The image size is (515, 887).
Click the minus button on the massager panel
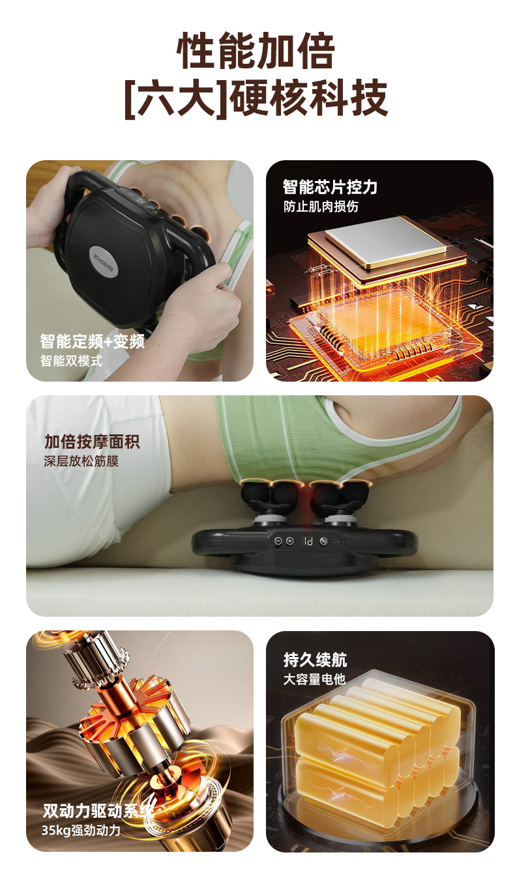pyautogui.click(x=278, y=541)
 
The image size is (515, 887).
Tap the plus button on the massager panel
pyautogui.click(x=290, y=541)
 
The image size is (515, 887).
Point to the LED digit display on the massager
pyautogui.click(x=308, y=541)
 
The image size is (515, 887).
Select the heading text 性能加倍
pyautogui.click(x=256, y=51)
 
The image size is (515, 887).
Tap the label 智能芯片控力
pyautogui.click(x=330, y=186)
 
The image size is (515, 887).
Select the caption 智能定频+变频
pyautogui.click(x=93, y=341)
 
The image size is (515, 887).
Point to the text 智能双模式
pyautogui.click(x=71, y=360)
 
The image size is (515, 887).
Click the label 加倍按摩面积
pyautogui.click(x=92, y=442)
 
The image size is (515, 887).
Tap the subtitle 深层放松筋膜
pyautogui.click(x=81, y=461)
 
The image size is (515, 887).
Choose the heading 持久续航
pyautogui.click(x=315, y=660)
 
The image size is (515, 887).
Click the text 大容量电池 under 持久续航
pyautogui.click(x=314, y=679)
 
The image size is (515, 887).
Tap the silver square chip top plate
pyautogui.click(x=386, y=242)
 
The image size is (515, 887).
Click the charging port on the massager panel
pyautogui.click(x=336, y=541)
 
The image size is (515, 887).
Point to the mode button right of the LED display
pyautogui.click(x=323, y=541)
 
